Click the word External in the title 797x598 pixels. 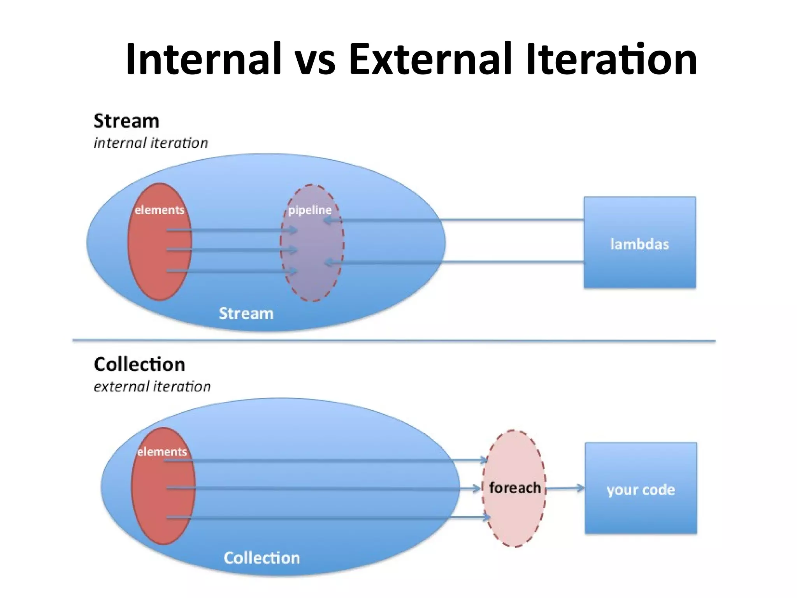[430, 59]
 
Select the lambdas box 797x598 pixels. [639, 243]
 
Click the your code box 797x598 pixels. [641, 488]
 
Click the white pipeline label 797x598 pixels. [310, 210]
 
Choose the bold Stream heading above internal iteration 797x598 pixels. [126, 121]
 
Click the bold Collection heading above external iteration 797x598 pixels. [139, 365]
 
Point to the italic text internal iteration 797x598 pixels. [151, 143]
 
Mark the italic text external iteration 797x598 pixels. [152, 387]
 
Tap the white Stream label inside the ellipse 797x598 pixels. [246, 313]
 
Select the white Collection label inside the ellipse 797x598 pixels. [262, 558]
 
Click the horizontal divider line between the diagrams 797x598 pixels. [393, 341]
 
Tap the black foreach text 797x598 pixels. [514, 487]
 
